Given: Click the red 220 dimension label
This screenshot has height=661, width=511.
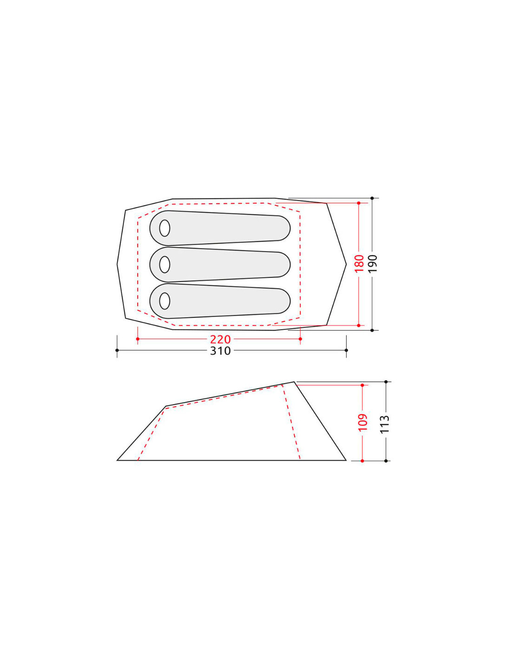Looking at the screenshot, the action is (x=220, y=339).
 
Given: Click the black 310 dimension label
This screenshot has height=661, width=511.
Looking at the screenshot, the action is (x=220, y=351).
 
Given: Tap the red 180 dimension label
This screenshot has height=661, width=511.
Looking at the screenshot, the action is (x=359, y=264).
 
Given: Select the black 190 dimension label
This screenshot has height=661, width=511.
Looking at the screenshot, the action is (x=373, y=264).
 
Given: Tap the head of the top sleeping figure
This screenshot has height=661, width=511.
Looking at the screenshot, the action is (x=164, y=228).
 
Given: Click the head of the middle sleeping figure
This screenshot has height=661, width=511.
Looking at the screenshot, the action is (x=164, y=264).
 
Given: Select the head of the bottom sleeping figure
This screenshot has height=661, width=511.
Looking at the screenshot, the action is (x=164, y=301).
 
